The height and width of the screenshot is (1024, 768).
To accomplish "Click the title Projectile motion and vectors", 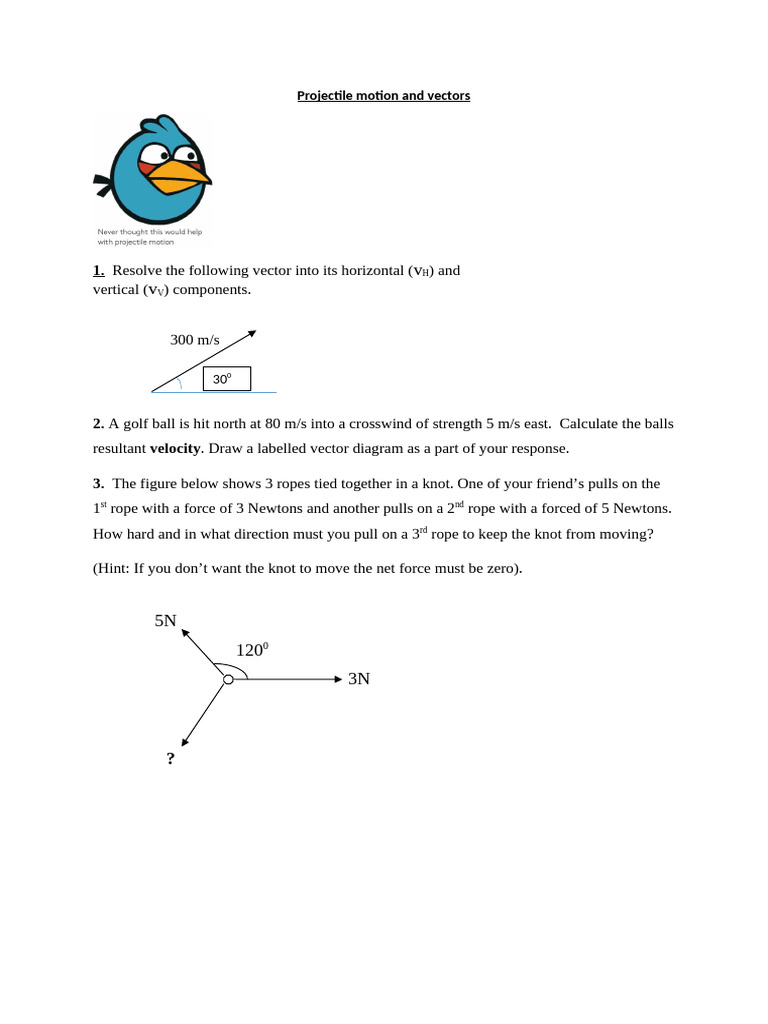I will pyautogui.click(x=383, y=96).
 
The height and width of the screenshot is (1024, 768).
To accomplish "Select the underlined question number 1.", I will pyautogui.click(x=99, y=270).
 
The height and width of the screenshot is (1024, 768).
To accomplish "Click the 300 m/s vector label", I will pyautogui.click(x=194, y=340).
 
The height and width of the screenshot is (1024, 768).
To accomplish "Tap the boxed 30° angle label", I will pyautogui.click(x=224, y=379).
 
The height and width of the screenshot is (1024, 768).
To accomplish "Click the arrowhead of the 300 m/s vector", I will pyautogui.click(x=252, y=334).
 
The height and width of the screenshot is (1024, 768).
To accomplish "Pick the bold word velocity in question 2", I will pyautogui.click(x=175, y=448).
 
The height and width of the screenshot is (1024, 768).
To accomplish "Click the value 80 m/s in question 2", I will pyautogui.click(x=285, y=423).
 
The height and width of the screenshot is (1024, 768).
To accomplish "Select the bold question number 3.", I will pyautogui.click(x=98, y=483).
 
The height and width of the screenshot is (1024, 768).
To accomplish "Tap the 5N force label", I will pyautogui.click(x=165, y=621).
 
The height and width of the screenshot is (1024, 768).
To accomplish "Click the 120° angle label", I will pyautogui.click(x=252, y=650).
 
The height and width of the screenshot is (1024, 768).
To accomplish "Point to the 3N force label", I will pyautogui.click(x=359, y=679).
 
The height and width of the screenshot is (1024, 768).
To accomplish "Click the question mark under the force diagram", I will pyautogui.click(x=171, y=759).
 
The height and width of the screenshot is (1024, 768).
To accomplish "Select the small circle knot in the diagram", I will pyautogui.click(x=228, y=679).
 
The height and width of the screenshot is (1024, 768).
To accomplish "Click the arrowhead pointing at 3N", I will pyautogui.click(x=338, y=679).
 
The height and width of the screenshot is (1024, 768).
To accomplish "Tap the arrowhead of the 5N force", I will pyautogui.click(x=185, y=632).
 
